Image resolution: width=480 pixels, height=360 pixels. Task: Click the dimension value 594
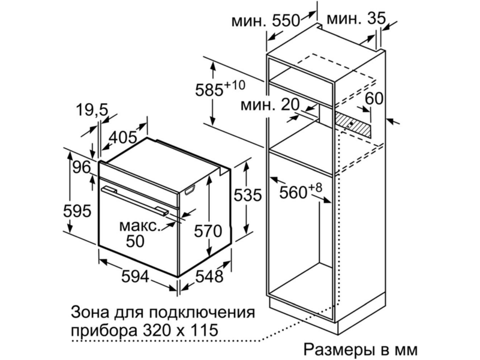136,276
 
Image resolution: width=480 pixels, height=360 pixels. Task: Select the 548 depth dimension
209,276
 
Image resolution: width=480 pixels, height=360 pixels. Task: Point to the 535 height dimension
248,195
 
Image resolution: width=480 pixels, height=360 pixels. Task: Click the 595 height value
77,211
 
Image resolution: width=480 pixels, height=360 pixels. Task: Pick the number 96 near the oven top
82,167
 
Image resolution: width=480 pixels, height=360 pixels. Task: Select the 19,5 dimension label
92,110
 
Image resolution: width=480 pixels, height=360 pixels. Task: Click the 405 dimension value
123,137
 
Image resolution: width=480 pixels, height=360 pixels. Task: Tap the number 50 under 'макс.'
136,241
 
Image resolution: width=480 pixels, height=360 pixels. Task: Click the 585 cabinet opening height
209,90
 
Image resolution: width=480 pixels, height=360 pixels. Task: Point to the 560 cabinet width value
293,193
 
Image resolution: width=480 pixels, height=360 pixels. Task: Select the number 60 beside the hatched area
374,98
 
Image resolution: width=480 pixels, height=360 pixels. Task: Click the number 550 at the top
286,21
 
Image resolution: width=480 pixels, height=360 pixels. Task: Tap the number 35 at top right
376,19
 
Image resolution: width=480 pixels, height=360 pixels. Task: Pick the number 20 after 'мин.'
290,105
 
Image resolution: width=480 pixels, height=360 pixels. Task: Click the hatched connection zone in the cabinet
353,124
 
